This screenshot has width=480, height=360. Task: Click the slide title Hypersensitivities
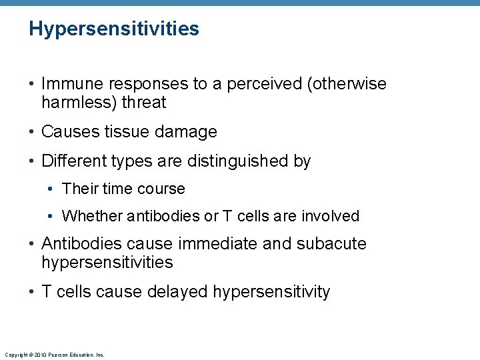[x=114, y=29]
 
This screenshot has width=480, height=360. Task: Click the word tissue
[x=126, y=132]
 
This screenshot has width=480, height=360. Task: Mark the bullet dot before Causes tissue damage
[x=32, y=132]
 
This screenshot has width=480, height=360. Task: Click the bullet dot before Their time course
[x=53, y=189]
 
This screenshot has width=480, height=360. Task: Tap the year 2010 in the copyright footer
[x=39, y=355]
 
